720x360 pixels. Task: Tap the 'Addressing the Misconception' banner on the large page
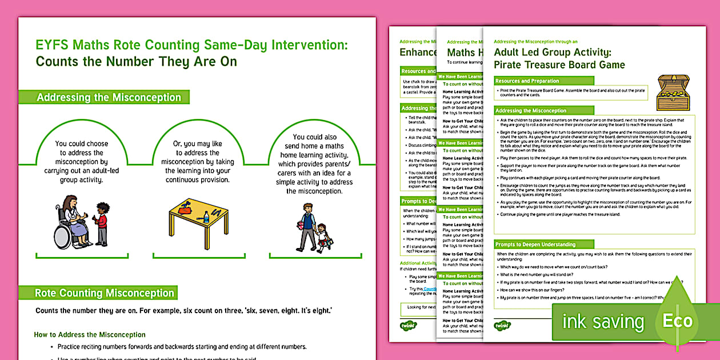click(109, 98)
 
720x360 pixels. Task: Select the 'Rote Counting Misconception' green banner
click(105, 293)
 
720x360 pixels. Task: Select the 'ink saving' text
click(603, 322)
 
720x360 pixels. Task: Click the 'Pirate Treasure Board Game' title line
click(559, 65)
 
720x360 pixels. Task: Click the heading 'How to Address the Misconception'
click(90, 335)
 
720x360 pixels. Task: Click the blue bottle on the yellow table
click(206, 217)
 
